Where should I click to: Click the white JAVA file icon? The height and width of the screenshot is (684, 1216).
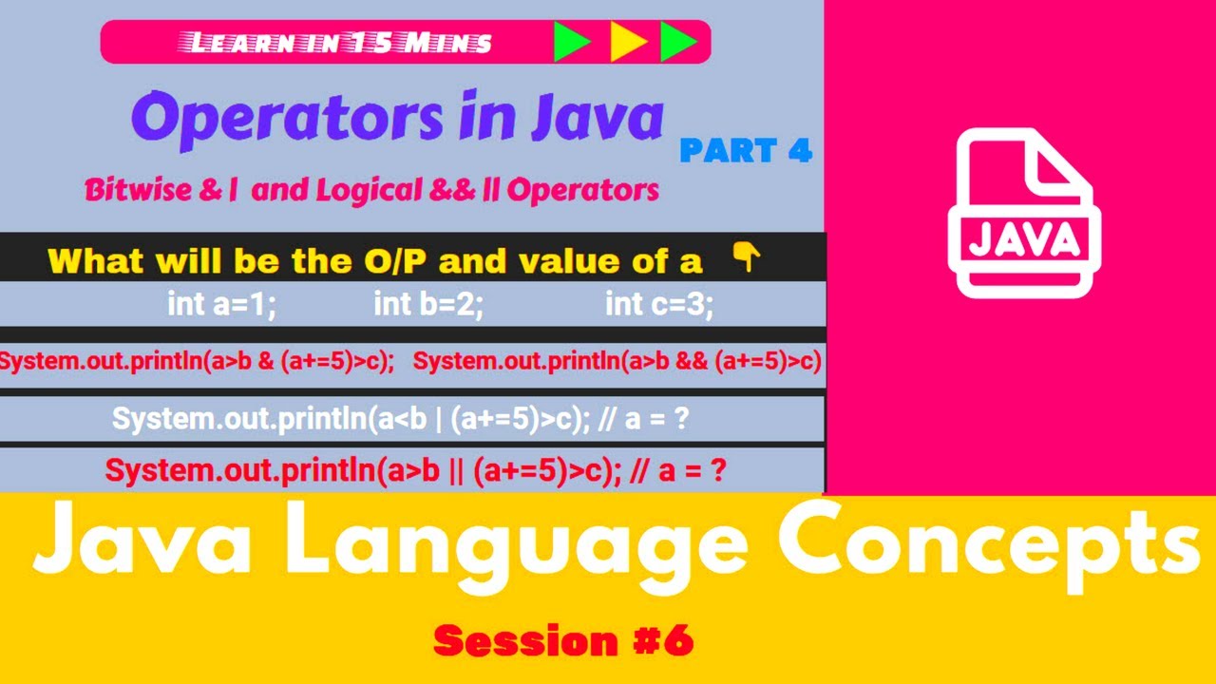(1023, 214)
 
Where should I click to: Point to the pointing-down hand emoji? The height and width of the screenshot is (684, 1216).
(748, 256)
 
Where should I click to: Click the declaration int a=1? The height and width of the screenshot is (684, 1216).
(221, 305)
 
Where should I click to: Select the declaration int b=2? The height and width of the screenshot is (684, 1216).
(428, 305)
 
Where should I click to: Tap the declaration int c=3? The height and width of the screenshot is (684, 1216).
(659, 305)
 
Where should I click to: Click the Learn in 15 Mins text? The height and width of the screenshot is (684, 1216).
(341, 43)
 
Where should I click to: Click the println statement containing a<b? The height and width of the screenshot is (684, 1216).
(399, 419)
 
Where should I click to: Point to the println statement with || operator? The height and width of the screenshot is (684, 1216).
(415, 470)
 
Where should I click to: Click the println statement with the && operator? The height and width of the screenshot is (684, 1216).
(617, 362)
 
